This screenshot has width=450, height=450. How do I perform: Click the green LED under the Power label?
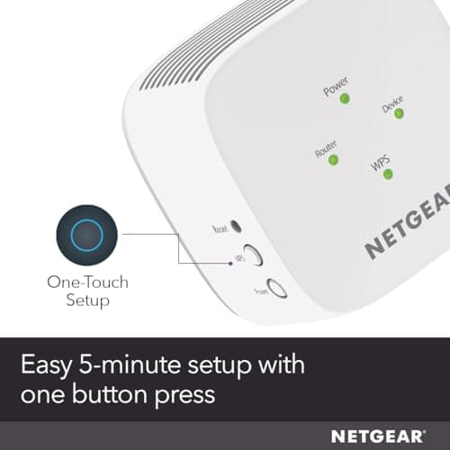[344, 98]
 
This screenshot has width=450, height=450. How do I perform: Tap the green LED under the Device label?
[397, 113]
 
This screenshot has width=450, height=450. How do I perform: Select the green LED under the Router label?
[333, 159]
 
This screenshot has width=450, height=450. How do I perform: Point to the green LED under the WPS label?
[388, 173]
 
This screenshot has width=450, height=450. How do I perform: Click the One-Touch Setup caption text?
[87, 291]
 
